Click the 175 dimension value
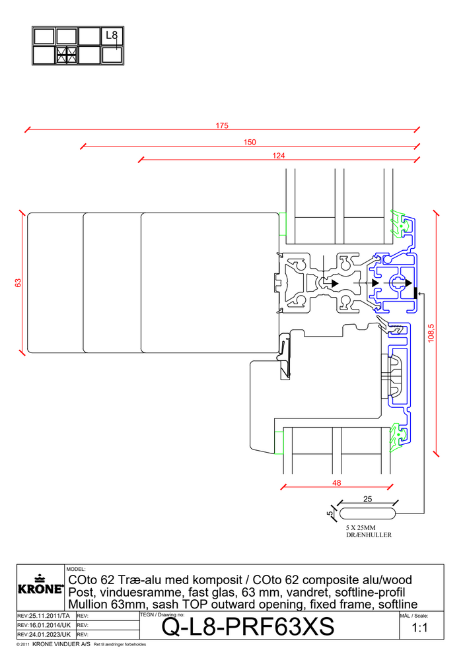[222, 125]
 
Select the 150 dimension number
[249, 142]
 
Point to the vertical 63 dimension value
[18, 282]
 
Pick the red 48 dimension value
[337, 483]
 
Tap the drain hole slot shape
[367, 513]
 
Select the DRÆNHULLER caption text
[369, 535]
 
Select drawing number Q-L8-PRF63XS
[248, 628]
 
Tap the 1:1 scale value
[421, 629]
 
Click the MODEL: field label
[77, 568]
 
